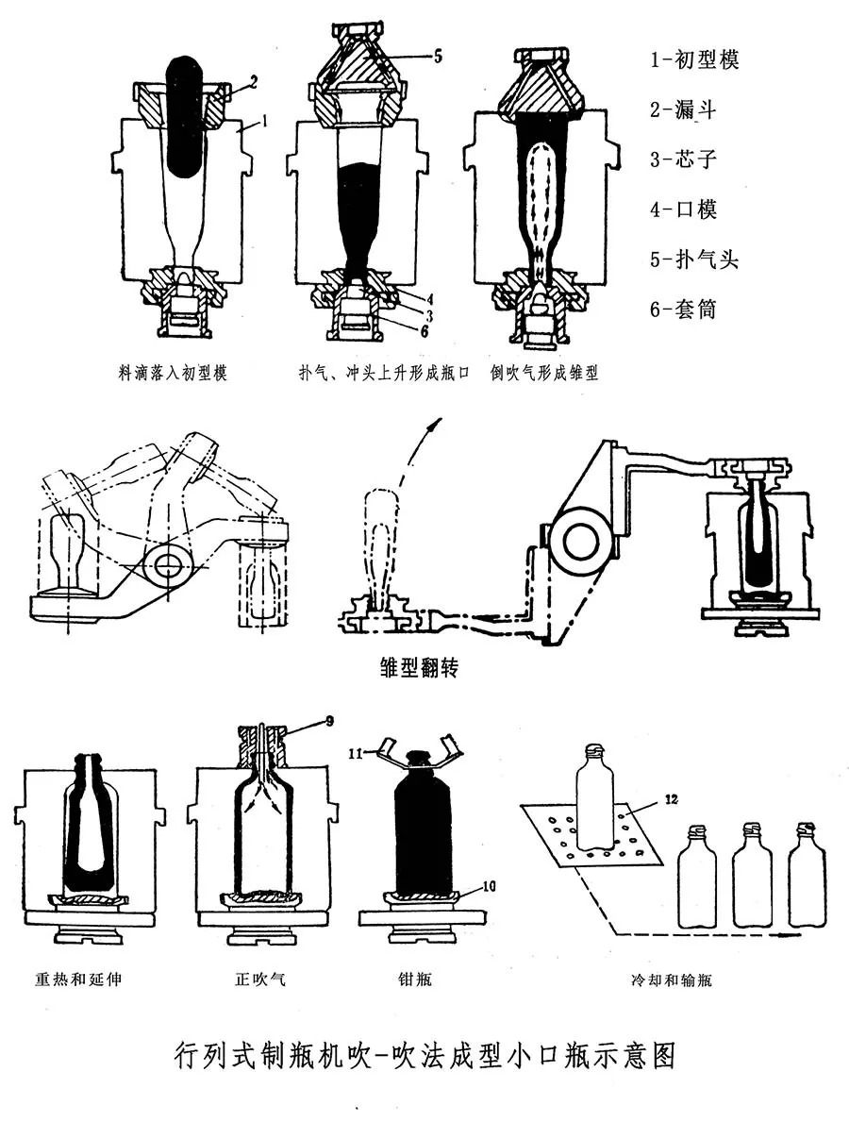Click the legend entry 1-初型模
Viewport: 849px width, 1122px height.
[693, 59]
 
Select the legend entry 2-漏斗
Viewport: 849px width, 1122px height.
[683, 109]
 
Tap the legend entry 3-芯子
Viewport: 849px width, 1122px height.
[683, 159]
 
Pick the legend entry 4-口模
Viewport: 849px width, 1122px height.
[683, 208]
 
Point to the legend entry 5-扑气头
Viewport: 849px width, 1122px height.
[693, 258]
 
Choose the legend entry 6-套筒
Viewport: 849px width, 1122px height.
[683, 308]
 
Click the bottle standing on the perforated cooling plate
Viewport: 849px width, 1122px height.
[594, 797]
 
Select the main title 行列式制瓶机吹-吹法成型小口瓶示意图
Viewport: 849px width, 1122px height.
[425, 1053]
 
